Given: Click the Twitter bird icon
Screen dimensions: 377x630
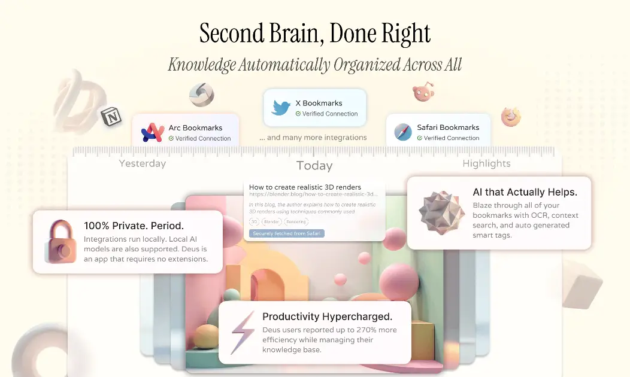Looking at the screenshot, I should point(281,108).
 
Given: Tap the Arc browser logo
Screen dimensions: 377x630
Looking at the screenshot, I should point(153,132).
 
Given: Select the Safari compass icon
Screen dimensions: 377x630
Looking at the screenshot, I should point(403,132).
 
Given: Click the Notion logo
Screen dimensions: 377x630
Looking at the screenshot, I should point(111,116).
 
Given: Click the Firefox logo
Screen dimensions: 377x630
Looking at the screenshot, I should point(511,117).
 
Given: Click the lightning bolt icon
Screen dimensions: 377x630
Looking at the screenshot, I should point(243,333).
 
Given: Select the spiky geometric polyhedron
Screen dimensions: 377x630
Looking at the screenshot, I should point(441,212).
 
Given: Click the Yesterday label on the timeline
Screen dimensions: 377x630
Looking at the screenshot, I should point(143,163).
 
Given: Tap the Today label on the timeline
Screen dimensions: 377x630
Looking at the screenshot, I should point(314,166).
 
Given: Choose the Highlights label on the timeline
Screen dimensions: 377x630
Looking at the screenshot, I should point(486,163).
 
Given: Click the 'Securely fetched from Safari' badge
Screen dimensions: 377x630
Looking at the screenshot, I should point(286,233).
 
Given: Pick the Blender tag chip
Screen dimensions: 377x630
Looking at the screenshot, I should point(271,221).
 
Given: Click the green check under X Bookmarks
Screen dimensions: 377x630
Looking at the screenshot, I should point(298,114).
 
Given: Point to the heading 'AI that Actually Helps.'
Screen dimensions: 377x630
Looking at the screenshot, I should point(525,192).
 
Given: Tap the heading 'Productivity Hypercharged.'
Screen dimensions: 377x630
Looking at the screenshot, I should point(327,317).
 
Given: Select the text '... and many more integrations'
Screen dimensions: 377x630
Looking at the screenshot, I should point(313,138).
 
